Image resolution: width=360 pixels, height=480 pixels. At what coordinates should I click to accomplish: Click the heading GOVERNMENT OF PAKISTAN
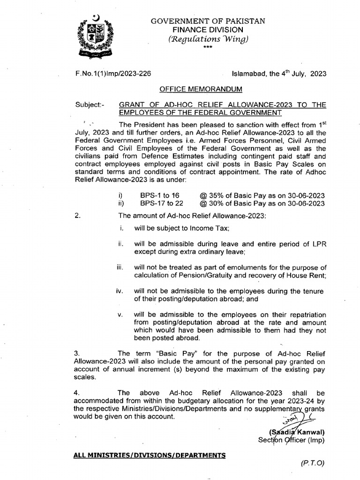tap(207, 21)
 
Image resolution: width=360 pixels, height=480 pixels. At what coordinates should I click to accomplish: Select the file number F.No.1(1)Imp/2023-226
tap(113, 74)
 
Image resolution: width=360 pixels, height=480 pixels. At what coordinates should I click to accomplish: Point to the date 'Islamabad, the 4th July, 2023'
tap(279, 74)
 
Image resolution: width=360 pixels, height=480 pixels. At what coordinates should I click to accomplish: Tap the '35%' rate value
tap(216, 195)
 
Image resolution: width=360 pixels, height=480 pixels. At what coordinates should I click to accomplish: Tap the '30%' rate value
tap(216, 203)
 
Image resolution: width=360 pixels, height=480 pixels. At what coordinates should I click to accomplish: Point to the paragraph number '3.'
tap(77, 353)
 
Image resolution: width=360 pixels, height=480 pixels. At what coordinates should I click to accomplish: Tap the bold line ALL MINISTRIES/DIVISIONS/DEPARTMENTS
tap(150, 455)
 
